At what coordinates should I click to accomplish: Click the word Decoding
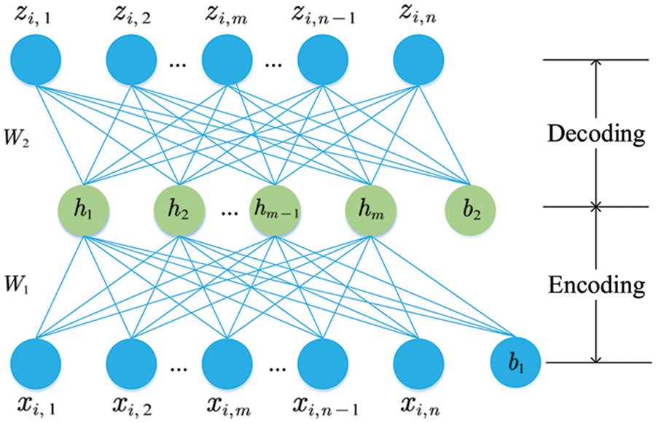click(x=597, y=135)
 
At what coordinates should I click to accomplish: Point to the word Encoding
click(x=597, y=284)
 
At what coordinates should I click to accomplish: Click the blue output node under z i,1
click(x=36, y=58)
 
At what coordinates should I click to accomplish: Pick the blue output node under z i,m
click(x=227, y=58)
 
